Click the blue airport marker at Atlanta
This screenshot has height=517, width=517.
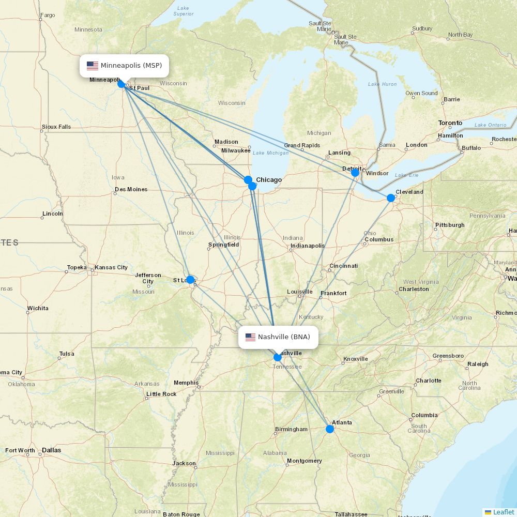point(330,429)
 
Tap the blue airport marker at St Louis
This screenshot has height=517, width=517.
point(190,280)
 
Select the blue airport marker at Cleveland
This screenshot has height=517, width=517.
point(391,198)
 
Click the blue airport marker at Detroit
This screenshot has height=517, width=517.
point(355,173)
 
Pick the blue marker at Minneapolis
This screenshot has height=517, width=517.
point(121,84)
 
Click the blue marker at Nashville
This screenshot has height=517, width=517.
point(278,357)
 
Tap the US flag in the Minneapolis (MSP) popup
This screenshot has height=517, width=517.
point(93,66)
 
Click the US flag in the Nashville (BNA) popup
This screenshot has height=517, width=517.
point(250,337)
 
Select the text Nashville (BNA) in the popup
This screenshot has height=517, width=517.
point(284,337)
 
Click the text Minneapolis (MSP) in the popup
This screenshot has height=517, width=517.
point(131,66)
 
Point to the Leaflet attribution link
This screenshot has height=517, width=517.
point(503,512)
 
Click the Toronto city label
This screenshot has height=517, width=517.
point(450,123)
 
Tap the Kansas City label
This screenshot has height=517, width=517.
point(111,267)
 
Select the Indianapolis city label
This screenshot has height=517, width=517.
point(308,246)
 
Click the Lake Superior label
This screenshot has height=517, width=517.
point(183,11)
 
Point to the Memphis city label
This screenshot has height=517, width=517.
point(186,383)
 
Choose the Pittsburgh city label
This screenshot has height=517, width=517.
point(450,225)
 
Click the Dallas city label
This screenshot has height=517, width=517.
point(51,450)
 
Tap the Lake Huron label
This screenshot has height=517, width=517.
point(382,84)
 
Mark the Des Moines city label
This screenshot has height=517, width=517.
point(131,189)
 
